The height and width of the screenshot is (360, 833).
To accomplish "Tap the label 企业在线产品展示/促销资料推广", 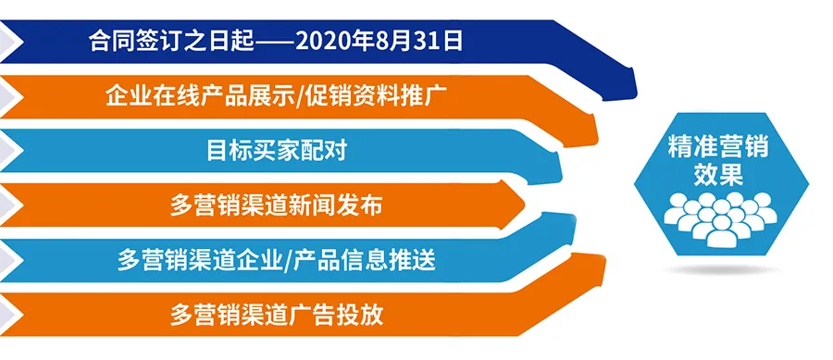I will coord(278,94).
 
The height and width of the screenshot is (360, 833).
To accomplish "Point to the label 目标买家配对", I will coord(277,149).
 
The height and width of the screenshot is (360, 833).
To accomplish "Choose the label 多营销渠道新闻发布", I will coord(277,204).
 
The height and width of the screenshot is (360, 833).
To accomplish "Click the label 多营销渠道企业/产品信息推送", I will coord(278,260).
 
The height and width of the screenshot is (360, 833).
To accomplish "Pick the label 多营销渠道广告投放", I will coord(277,315).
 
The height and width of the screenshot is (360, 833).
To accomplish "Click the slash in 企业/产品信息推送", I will coord(289,260).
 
